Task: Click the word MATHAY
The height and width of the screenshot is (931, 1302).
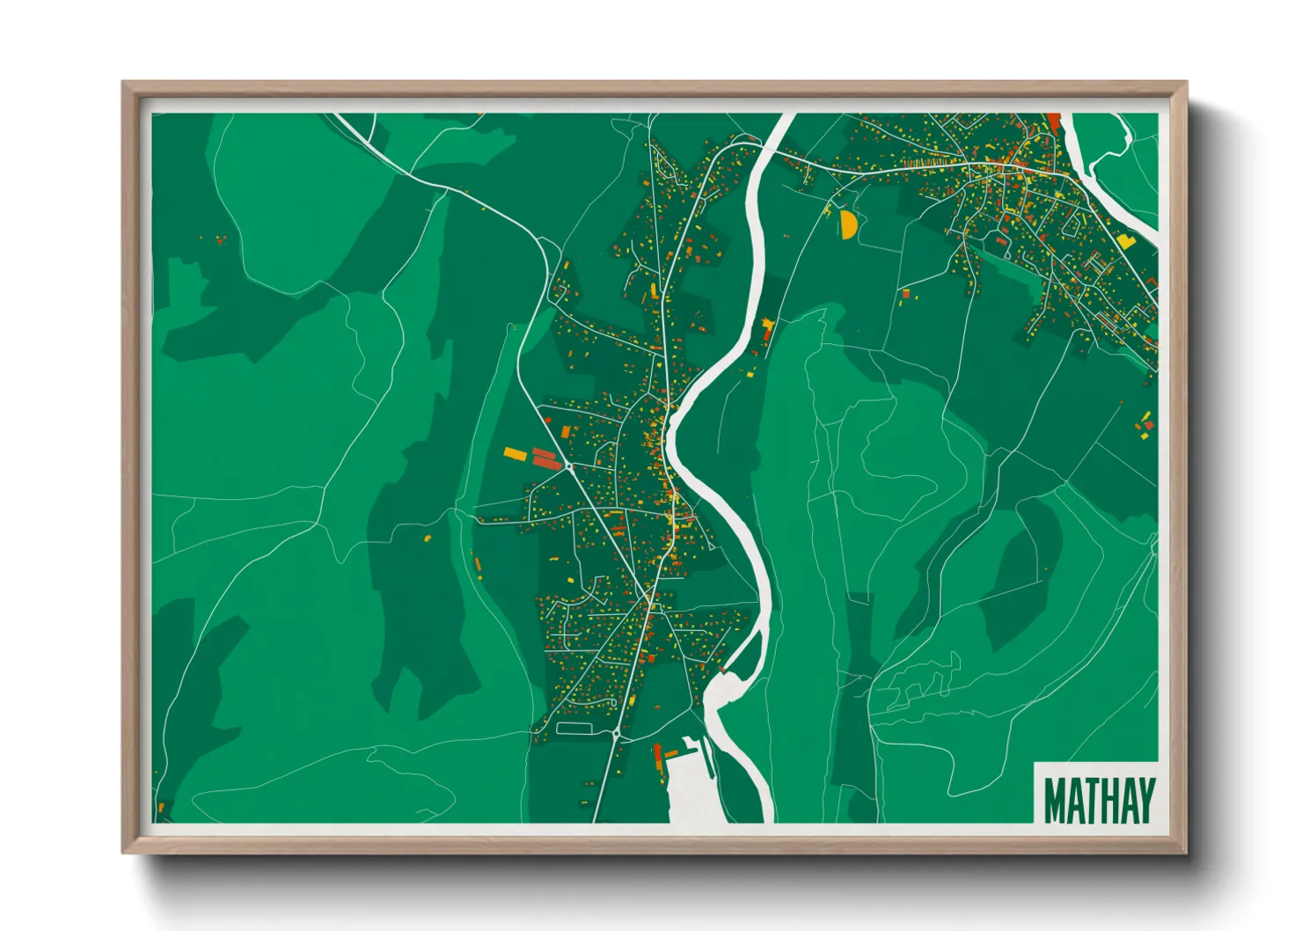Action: click(x=1099, y=800)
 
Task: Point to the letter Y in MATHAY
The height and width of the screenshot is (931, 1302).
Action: click(x=1145, y=800)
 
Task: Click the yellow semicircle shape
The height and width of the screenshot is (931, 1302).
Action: click(x=848, y=225)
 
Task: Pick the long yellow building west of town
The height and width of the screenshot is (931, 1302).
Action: click(x=515, y=454)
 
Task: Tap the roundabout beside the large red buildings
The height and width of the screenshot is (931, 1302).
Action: click(x=569, y=465)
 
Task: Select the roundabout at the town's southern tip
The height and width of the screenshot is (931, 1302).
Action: click(x=617, y=733)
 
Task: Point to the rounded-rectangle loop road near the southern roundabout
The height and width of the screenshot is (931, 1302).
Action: click(x=573, y=728)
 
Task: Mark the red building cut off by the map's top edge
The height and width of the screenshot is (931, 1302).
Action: click(x=1054, y=121)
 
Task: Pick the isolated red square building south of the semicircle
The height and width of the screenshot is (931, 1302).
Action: click(x=905, y=293)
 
